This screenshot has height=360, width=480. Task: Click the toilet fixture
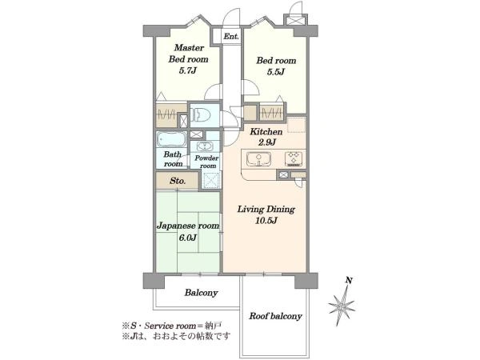click(x=201, y=116)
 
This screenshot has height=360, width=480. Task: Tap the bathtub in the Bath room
click(x=171, y=139)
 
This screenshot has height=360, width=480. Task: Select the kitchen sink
click(x=259, y=159)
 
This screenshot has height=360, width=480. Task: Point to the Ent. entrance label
click(x=231, y=37)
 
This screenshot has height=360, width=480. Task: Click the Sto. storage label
click(x=178, y=181)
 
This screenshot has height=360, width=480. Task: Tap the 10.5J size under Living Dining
click(x=266, y=221)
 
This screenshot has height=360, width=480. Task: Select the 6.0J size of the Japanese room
click(x=188, y=238)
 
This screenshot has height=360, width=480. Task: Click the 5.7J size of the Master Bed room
click(x=187, y=71)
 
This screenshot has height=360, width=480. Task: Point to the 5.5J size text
click(x=276, y=72)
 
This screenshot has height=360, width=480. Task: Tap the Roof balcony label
click(x=275, y=316)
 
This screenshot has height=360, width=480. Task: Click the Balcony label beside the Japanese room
click(x=201, y=293)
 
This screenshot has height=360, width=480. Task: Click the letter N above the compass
click(x=349, y=280)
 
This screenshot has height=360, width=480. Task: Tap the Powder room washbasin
click(x=202, y=146)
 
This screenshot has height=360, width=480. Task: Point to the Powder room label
click(x=206, y=162)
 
